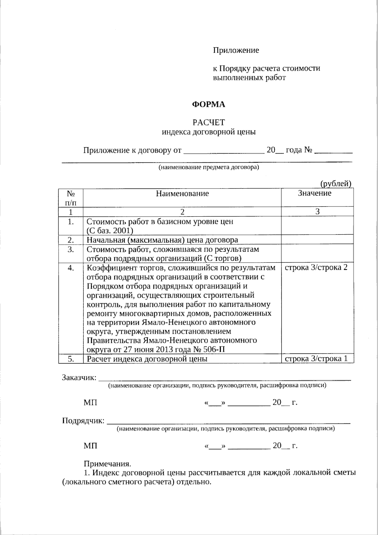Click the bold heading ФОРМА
[209, 105]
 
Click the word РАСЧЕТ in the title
[209, 122]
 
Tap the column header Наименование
[182, 193]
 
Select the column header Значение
[315, 193]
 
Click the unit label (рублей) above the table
[336, 184]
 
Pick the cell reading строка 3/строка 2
[316, 268]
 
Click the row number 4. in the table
[71, 268]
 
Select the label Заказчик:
[79, 377]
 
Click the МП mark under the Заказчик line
[90, 403]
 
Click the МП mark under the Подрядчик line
[90, 445]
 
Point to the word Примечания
[107, 464]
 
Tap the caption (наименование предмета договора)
[209, 167]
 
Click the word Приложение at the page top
[236, 50]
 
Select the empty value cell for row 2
[317, 240]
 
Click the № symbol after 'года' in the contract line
[308, 150]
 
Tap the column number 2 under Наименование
[182, 212]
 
